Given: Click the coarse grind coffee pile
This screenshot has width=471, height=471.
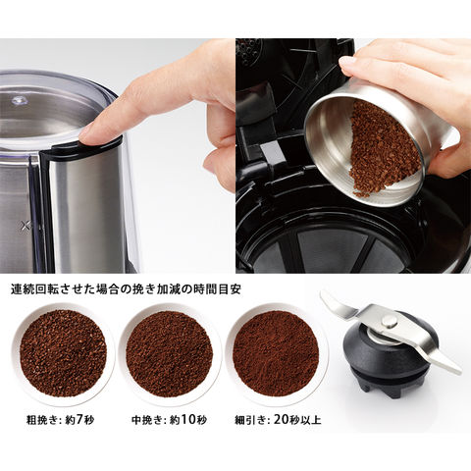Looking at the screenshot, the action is (63, 353).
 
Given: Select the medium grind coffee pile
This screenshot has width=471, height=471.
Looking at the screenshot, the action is (170, 353).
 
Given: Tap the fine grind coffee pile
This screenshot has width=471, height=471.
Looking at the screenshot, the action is (276, 353).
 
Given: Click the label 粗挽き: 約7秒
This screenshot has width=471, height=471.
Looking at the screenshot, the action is (60, 420).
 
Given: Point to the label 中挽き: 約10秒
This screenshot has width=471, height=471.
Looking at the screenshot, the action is (169, 420).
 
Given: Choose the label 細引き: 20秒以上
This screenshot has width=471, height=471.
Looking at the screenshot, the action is (278, 420).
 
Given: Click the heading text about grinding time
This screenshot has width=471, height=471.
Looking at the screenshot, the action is (126, 289).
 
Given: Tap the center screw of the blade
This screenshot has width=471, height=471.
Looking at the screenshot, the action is (390, 321).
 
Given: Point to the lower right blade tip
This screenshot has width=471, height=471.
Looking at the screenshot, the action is (457, 371).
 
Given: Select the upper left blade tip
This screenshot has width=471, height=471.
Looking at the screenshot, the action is (324, 295).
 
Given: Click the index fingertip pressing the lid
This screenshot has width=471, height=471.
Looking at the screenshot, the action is (88, 134).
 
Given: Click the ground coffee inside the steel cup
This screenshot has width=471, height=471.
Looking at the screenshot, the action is (384, 149).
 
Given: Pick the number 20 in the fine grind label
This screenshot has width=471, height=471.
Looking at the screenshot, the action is (282, 419).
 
